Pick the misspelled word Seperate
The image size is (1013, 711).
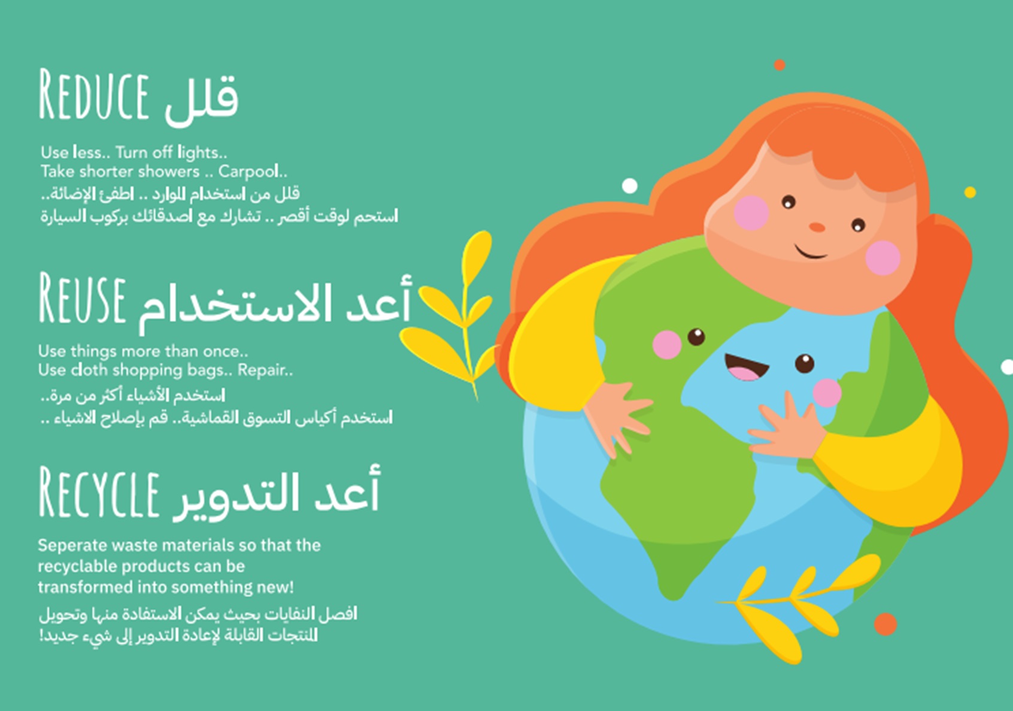72,546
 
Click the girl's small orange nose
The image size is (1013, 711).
817,226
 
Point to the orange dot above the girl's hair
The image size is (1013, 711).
780,65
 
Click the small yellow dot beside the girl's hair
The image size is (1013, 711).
970,193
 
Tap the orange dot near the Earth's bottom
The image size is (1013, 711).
885,624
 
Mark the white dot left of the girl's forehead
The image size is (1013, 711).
630,186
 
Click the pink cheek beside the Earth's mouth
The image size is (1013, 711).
827,393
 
